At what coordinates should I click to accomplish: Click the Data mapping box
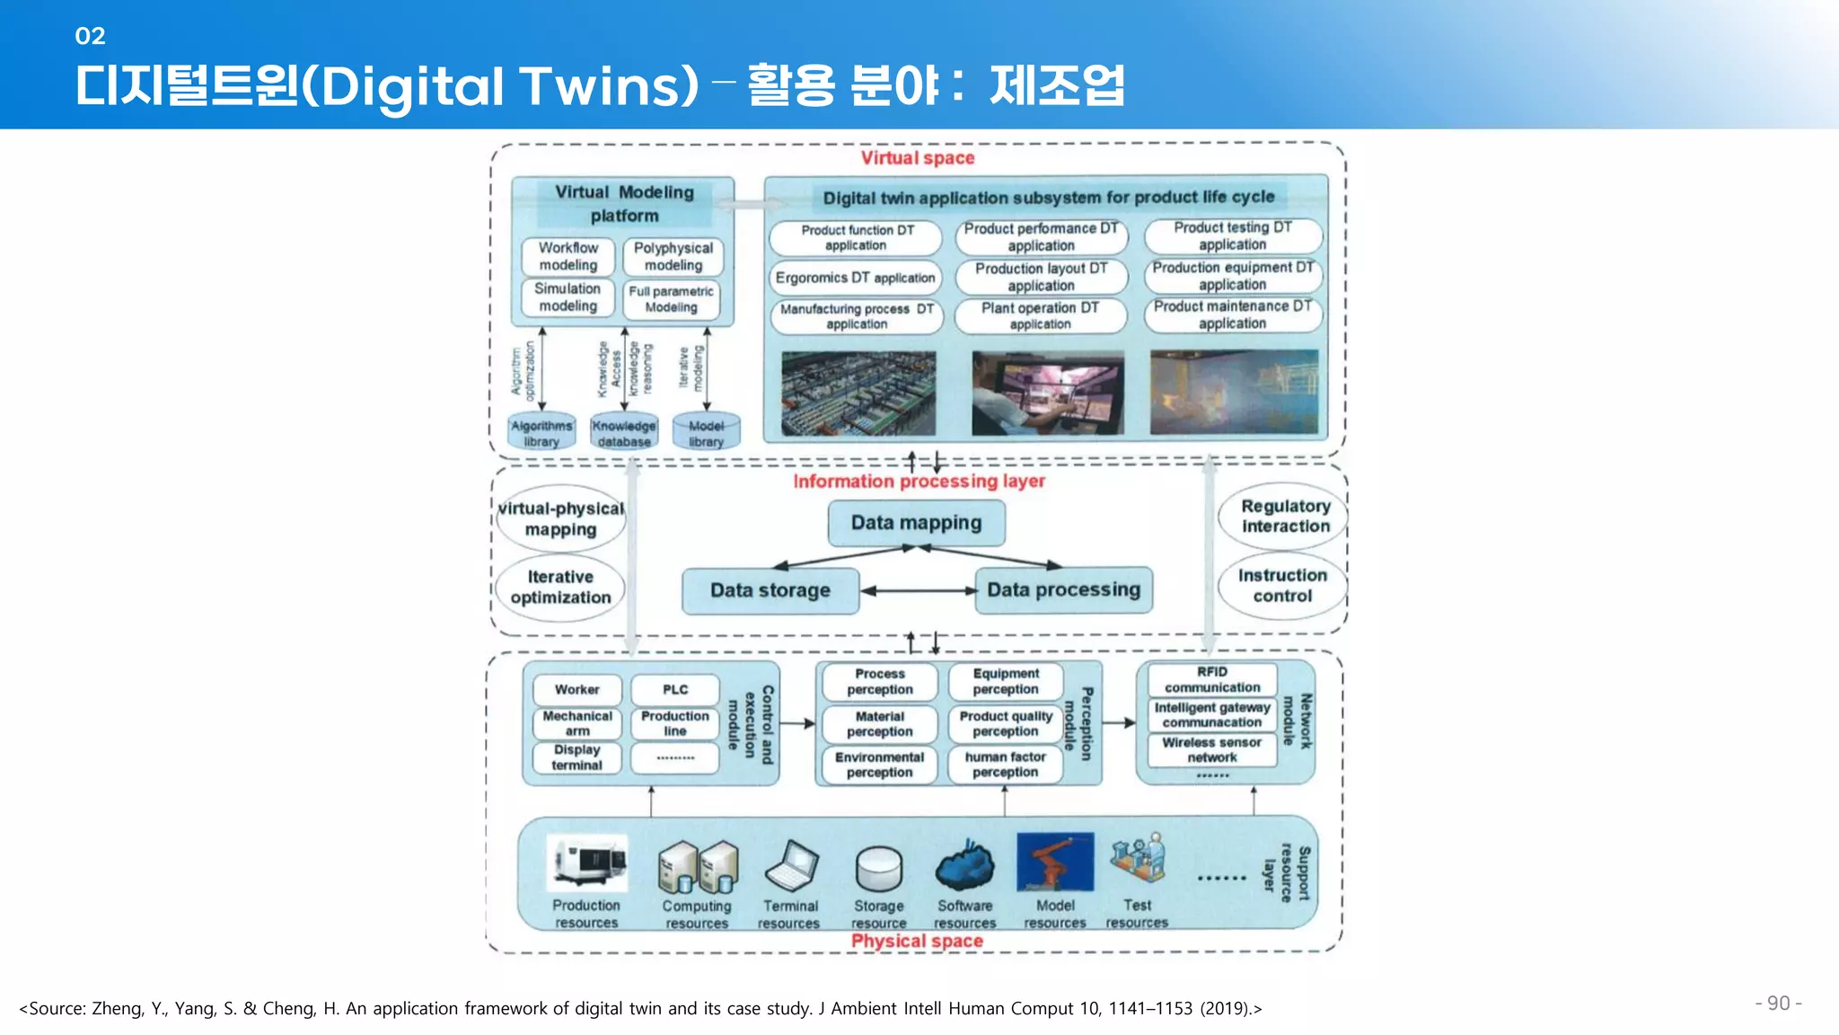point(916,523)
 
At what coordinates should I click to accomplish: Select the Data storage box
point(770,590)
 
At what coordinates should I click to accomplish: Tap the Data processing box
point(1063,590)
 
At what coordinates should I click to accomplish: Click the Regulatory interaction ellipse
point(1284,517)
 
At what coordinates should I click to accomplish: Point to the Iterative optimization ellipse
point(560,588)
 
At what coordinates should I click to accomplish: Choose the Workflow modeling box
point(568,256)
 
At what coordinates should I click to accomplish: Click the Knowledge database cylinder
point(624,432)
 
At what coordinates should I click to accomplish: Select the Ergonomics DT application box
point(855,279)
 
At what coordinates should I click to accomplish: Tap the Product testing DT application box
point(1232,236)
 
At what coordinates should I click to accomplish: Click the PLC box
point(675,690)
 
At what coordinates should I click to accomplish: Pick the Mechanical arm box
point(576,723)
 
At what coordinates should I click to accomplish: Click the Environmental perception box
point(879,765)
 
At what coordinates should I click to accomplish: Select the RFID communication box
point(1211,679)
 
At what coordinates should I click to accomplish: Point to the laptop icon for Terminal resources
point(791,866)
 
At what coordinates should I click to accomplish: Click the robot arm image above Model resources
point(1054,862)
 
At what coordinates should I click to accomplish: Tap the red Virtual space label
point(917,158)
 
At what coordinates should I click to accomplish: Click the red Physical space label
point(917,941)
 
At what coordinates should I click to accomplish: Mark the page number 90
point(1778,1004)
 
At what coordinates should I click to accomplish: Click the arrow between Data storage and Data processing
point(918,591)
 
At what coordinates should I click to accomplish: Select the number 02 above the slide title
point(90,36)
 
